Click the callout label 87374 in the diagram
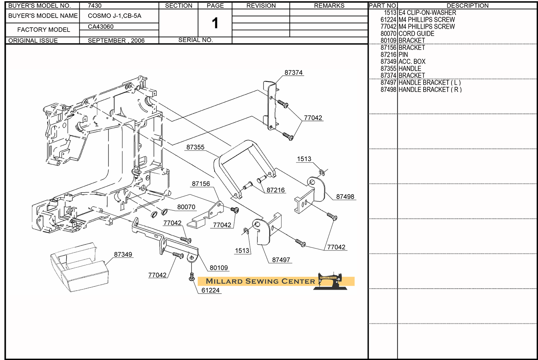tap(293, 73)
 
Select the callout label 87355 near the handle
tap(195, 147)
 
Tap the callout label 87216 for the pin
tap(275, 190)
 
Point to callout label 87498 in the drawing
tap(345, 197)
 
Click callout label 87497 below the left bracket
tap(281, 260)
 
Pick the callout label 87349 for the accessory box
tap(123, 254)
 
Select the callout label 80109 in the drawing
tap(219, 268)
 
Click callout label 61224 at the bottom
tap(210, 290)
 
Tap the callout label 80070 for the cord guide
tap(186, 207)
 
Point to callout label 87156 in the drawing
tap(201, 184)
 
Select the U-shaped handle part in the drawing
tap(244, 165)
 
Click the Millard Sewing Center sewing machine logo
tap(330, 281)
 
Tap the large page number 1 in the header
tap(215, 23)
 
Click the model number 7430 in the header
tap(95, 6)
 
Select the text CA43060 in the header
tap(101, 27)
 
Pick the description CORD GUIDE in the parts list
tap(416, 34)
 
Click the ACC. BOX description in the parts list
tap(412, 62)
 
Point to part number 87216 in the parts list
tap(388, 55)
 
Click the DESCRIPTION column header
tap(467, 6)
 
